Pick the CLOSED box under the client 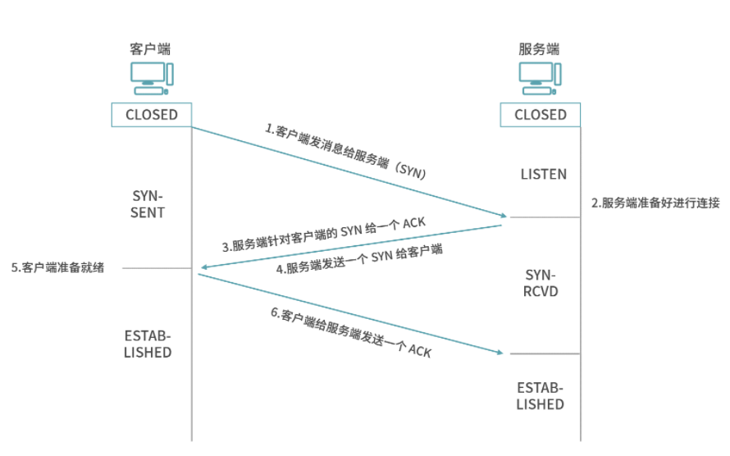151,115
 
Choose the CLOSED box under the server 541,115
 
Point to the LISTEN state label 543,175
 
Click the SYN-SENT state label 148,205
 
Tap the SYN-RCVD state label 541,283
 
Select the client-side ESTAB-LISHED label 148,344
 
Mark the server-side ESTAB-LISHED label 541,395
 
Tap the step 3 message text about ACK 323,235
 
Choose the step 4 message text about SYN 359,258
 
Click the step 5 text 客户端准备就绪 57,267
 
